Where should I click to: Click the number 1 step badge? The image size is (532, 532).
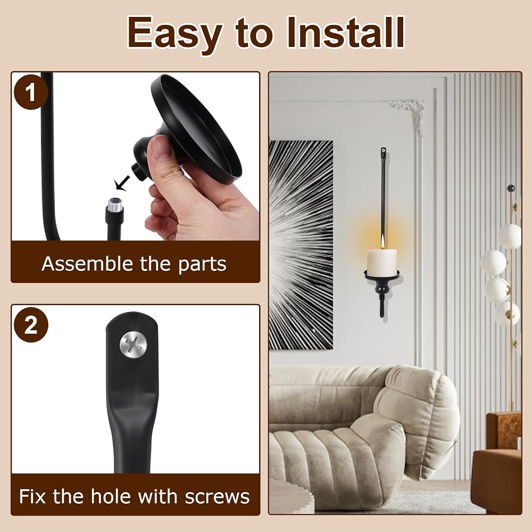coord(31,92)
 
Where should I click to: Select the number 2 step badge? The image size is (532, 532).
coord(31,326)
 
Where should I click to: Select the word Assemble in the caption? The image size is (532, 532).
coord(87,264)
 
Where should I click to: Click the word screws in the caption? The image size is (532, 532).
coord(217,497)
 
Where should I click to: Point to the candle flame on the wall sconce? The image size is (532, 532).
coord(383,243)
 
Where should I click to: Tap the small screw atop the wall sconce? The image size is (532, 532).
coord(384,151)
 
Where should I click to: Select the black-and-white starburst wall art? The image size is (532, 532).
coord(301,245)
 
